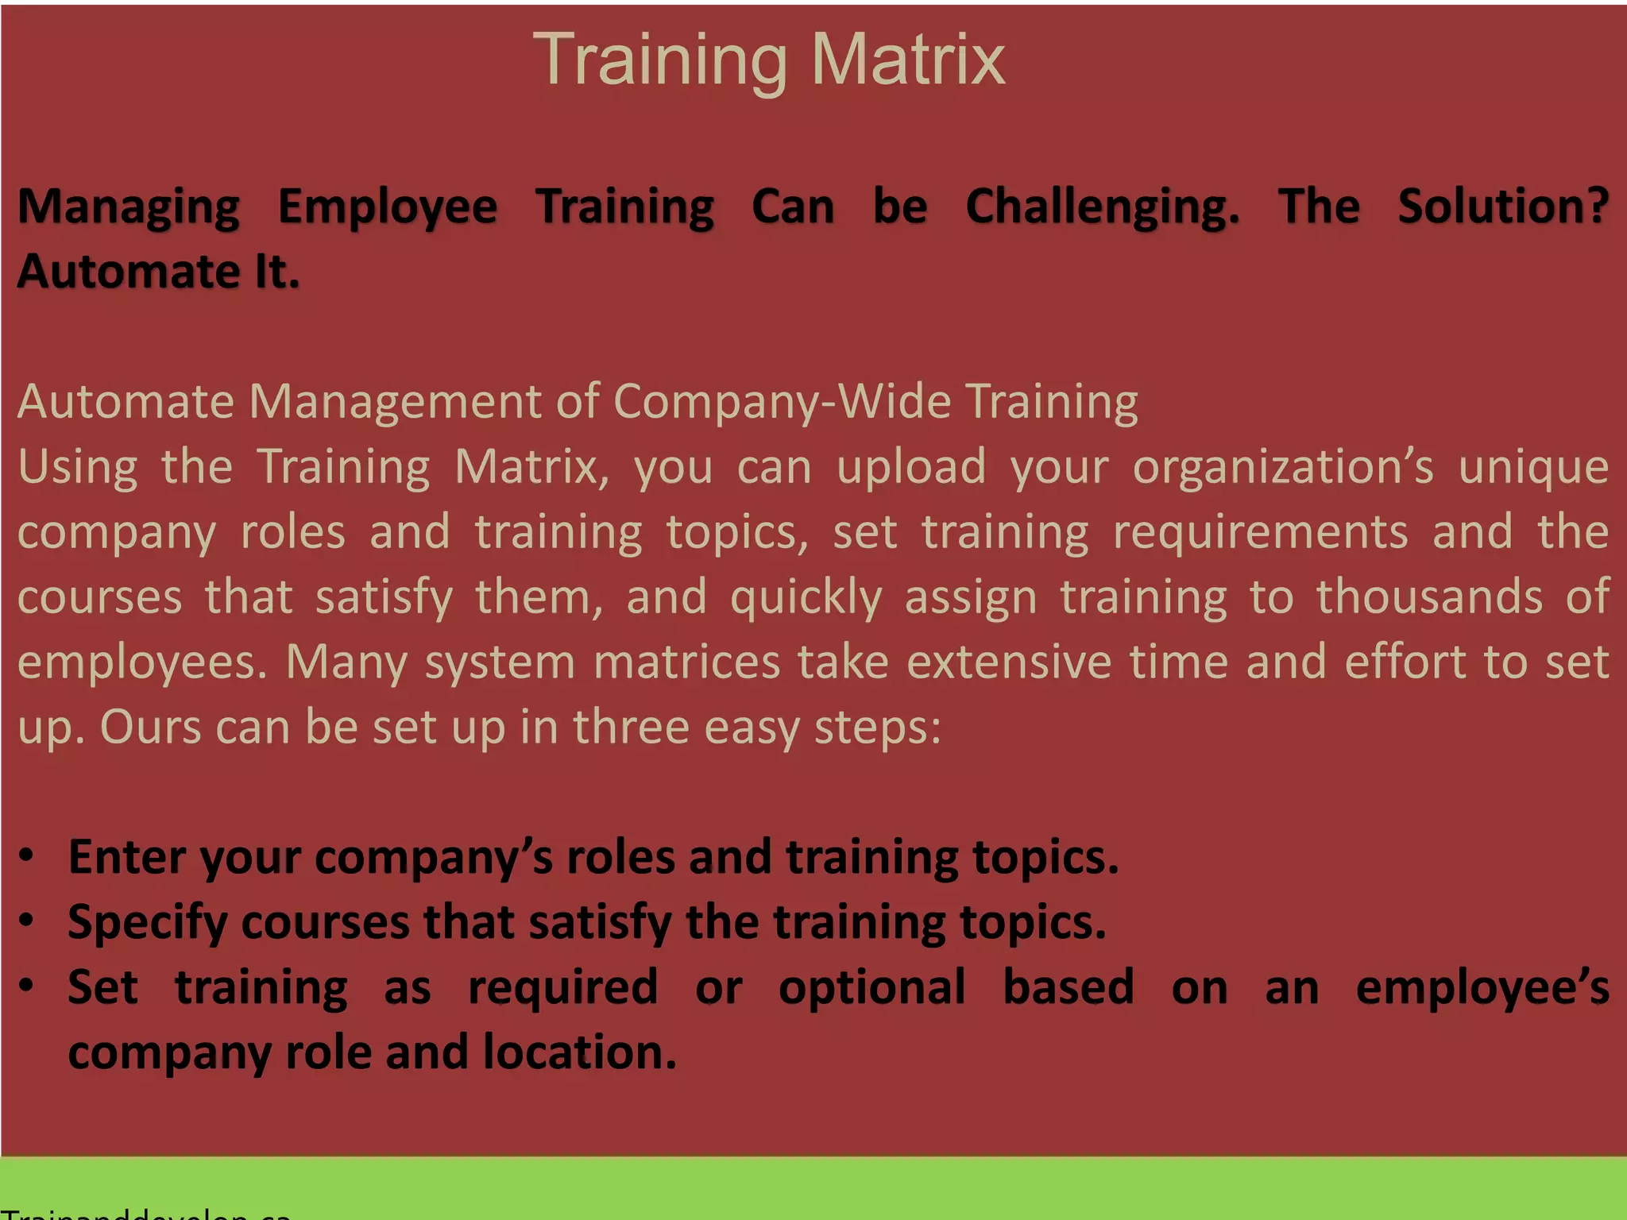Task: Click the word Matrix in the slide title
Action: click(x=908, y=60)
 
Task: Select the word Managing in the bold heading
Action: click(x=129, y=207)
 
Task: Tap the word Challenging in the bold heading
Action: click(x=1102, y=207)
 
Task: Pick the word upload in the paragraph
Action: click(x=911, y=467)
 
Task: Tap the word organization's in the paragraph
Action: click(x=1283, y=467)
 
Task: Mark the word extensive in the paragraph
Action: click(x=1009, y=662)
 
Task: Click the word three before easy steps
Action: click(x=631, y=728)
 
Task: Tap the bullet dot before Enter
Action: click(x=27, y=855)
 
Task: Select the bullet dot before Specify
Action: click(x=27, y=921)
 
